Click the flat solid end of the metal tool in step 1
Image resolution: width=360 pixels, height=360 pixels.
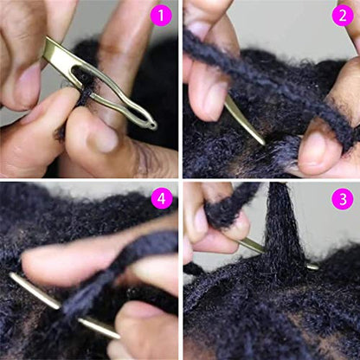[50, 51]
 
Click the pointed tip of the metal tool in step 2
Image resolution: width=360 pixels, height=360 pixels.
[259, 140]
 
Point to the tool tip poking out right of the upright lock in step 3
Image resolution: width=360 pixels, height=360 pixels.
[312, 266]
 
